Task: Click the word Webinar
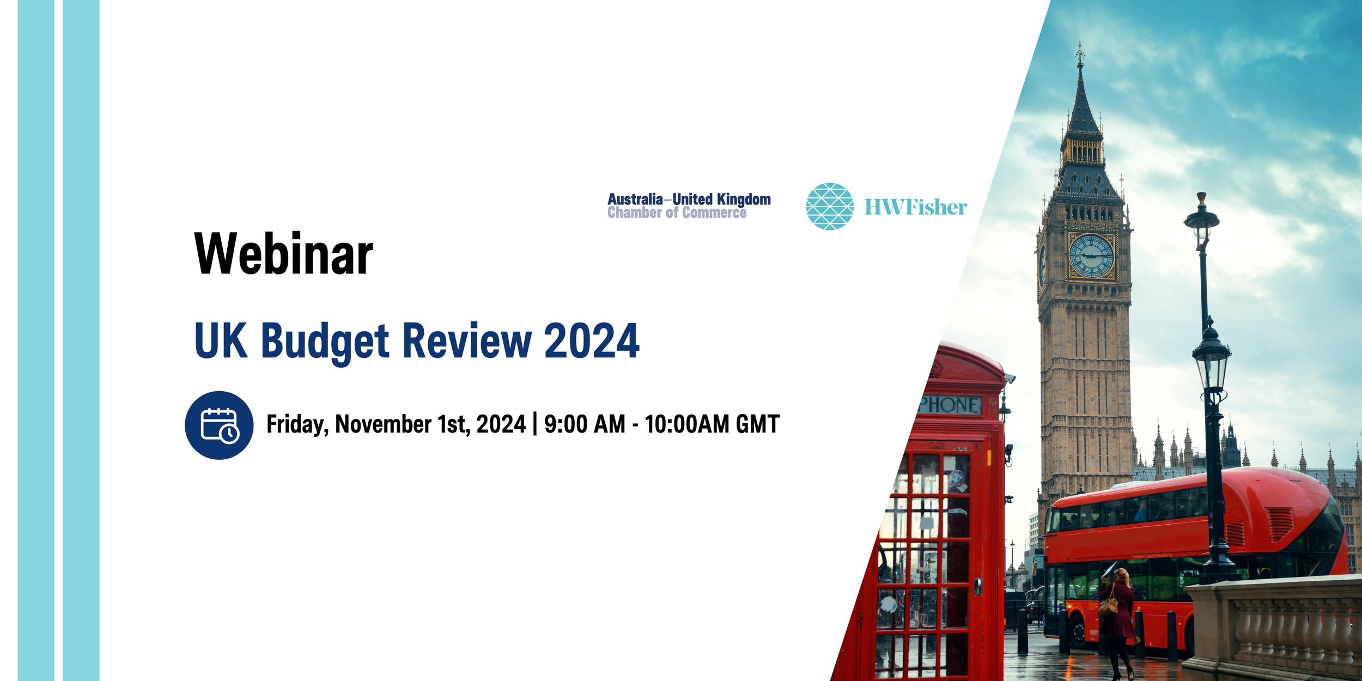tap(283, 254)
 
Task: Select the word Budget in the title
tap(325, 342)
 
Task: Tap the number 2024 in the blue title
tap(591, 342)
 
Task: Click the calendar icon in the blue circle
tap(219, 425)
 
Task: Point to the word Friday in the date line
tap(297, 424)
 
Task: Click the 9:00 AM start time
tap(585, 424)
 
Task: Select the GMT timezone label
tap(757, 424)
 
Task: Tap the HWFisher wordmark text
tap(915, 207)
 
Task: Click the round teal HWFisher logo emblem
tap(830, 206)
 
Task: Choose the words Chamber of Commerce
tap(677, 213)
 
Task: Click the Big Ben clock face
tap(1091, 256)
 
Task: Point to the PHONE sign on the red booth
tap(951, 405)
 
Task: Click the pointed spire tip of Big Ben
tap(1079, 49)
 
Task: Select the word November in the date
tap(383, 424)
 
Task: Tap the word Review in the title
tap(466, 342)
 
